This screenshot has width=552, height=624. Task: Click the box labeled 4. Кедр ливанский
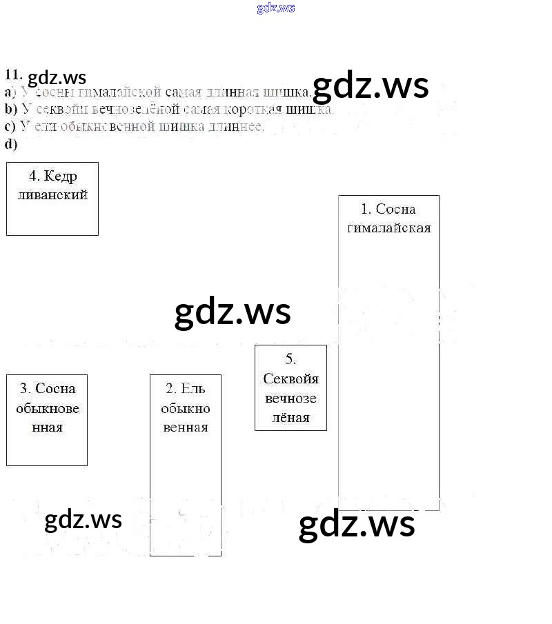(x=52, y=199)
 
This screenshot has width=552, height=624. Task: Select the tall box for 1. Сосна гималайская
(x=388, y=352)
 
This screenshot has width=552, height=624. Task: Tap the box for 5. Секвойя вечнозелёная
(x=290, y=388)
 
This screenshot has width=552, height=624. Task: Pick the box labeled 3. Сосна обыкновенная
(x=47, y=420)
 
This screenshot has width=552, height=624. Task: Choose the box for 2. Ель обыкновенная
(x=186, y=465)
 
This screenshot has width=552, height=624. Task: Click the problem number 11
(x=14, y=75)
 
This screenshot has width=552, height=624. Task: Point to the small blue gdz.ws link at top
(x=276, y=8)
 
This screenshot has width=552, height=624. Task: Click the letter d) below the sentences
(x=10, y=144)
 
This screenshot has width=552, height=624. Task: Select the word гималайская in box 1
(x=388, y=228)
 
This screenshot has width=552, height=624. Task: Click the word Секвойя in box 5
(x=291, y=379)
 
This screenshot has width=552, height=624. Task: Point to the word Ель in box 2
(x=194, y=389)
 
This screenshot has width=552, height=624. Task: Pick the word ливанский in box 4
(x=53, y=194)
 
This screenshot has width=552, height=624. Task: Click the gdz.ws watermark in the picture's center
(x=233, y=312)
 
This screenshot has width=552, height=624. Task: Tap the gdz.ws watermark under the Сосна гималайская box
(x=357, y=524)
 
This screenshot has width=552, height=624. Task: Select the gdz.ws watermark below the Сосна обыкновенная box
(x=83, y=519)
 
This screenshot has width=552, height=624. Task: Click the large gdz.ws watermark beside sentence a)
(x=371, y=86)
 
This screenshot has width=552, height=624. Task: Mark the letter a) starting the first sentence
(x=10, y=92)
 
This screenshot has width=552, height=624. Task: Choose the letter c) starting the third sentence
(x=10, y=126)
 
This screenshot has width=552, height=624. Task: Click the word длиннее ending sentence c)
(x=238, y=126)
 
